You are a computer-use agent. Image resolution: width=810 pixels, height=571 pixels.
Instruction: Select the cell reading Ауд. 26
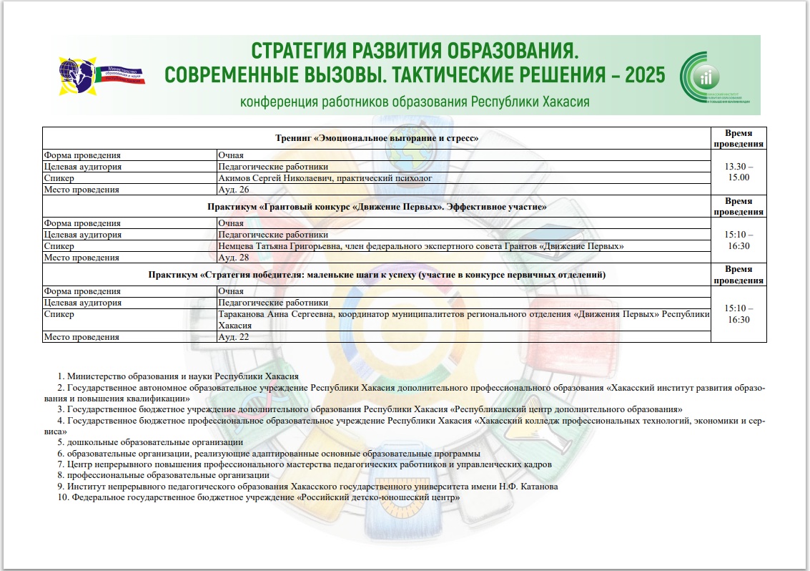tap(233, 190)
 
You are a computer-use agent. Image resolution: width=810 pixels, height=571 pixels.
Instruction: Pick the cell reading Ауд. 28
tap(233, 257)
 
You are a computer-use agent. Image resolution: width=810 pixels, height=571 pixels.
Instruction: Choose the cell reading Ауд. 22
tap(233, 336)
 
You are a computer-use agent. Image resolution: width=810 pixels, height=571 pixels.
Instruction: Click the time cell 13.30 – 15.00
tap(739, 172)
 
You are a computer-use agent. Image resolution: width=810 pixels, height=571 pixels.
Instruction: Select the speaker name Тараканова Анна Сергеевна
tap(276, 314)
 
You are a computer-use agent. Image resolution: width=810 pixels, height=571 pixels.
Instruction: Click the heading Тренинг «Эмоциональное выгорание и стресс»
tap(377, 137)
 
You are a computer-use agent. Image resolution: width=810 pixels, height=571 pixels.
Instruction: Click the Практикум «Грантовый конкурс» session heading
tap(377, 207)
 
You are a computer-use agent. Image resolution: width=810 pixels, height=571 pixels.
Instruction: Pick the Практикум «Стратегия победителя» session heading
tap(377, 275)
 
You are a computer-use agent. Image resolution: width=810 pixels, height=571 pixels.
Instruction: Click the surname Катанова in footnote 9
tap(538, 486)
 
